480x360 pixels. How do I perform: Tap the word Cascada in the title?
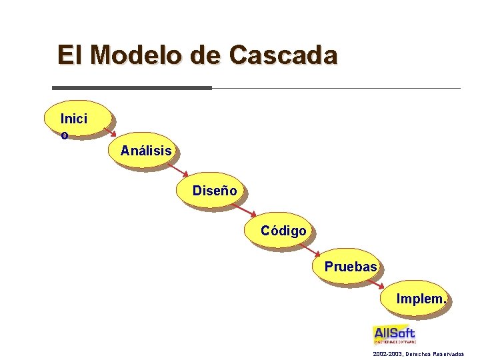pos(283,55)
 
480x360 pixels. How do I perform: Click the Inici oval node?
pos(74,119)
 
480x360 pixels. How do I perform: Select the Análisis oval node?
pos(146,151)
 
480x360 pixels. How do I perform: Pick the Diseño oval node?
pos(215,191)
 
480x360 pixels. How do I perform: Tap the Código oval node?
pos(283,231)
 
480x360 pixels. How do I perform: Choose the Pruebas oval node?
pos(351,267)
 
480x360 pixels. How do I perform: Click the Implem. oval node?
pos(420,299)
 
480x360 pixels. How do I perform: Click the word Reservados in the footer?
pos(447,353)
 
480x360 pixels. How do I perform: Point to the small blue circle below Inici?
pos(64,136)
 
